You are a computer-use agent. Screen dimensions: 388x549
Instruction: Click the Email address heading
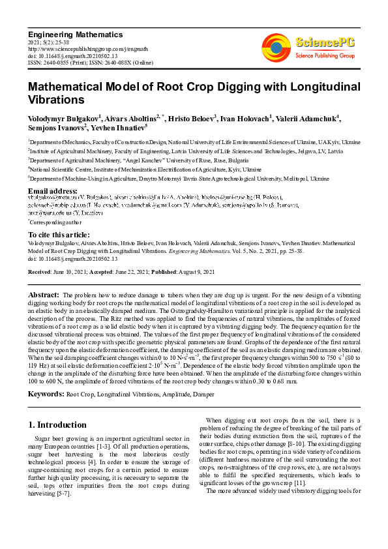[53, 191]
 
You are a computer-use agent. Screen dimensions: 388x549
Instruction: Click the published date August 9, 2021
[183, 271]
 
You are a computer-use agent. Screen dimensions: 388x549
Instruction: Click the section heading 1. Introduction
[57, 424]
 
